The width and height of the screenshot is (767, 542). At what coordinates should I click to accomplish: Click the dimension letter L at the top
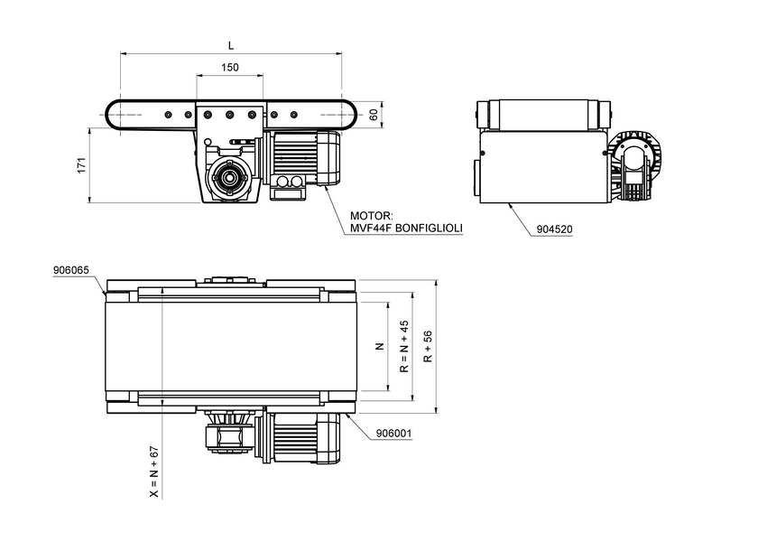(231, 44)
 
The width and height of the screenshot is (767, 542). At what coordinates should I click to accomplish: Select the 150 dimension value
(230, 68)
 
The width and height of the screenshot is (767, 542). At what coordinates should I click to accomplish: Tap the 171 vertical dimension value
(81, 165)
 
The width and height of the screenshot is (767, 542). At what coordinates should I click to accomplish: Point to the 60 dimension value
(374, 114)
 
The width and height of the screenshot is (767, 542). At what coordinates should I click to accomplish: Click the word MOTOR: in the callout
(371, 216)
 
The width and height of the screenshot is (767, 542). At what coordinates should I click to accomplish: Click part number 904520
(554, 229)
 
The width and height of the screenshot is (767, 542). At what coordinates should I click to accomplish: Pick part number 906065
(71, 270)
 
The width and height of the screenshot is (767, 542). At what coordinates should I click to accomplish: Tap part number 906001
(393, 433)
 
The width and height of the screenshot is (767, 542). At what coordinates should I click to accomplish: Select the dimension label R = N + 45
(404, 347)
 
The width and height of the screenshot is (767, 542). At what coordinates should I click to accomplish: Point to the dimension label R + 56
(428, 347)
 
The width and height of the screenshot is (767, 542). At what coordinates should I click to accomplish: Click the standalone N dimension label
(380, 347)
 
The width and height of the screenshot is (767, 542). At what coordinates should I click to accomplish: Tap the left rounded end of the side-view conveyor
(116, 115)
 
